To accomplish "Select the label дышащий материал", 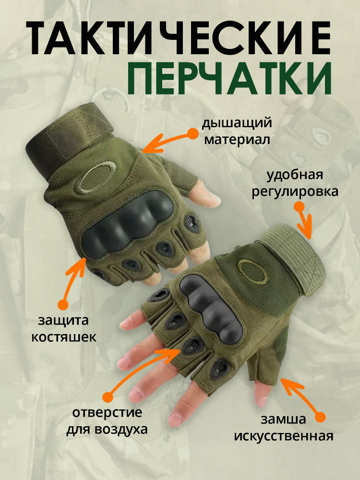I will tap(237, 131).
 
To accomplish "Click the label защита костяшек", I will tap(64, 328).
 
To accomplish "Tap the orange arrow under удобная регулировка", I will tap(304, 221).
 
